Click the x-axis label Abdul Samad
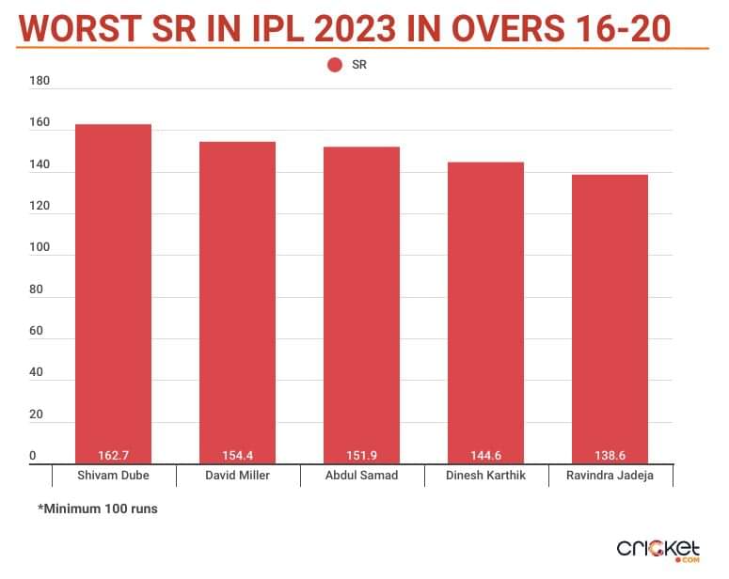tap(361, 476)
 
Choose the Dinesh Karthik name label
tap(485, 476)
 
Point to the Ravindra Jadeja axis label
tap(610, 476)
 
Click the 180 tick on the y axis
tap(40, 81)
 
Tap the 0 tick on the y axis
tap(33, 456)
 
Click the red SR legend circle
tap(334, 65)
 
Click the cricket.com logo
tap(659, 549)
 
